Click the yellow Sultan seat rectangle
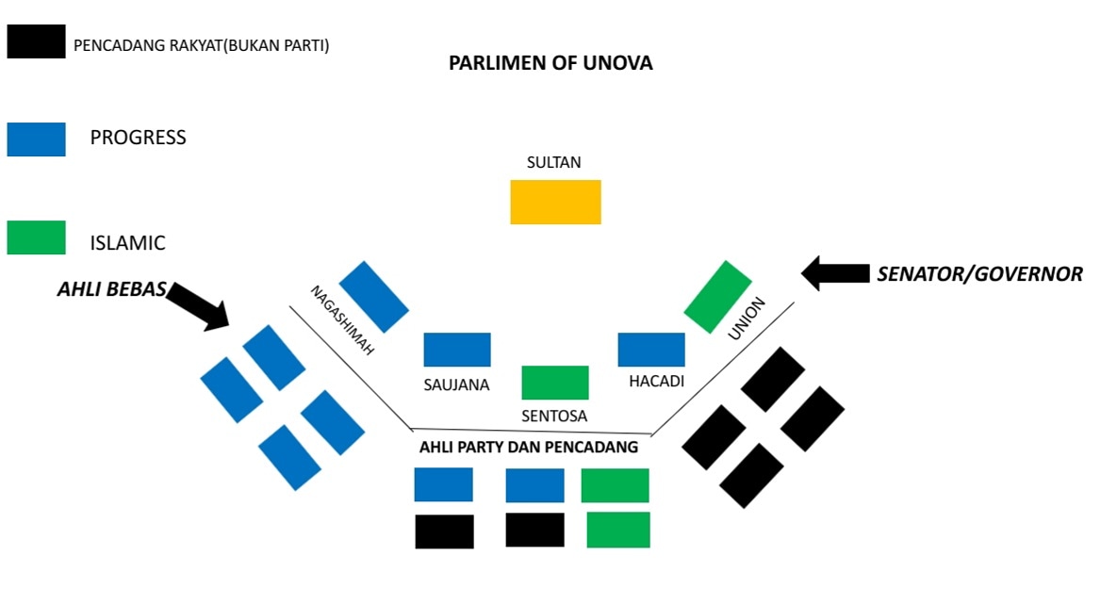point(555,202)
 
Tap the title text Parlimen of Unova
point(550,63)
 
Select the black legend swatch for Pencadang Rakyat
point(37,41)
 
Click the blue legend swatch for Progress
point(37,139)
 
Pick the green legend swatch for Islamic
point(37,237)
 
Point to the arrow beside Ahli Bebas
point(198,306)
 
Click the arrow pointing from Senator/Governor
point(835,273)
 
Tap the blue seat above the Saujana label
point(457,350)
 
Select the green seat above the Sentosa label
point(554,383)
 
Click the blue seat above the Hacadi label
point(651,350)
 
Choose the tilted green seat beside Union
point(717,297)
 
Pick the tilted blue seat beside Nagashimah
point(373,297)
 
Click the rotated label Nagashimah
point(342,320)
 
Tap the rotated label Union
point(746,319)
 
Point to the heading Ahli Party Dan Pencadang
point(529,447)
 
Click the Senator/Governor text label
point(979,273)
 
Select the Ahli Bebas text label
point(111,289)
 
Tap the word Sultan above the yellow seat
point(554,162)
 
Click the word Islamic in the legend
point(128,243)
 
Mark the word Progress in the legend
point(139,137)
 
